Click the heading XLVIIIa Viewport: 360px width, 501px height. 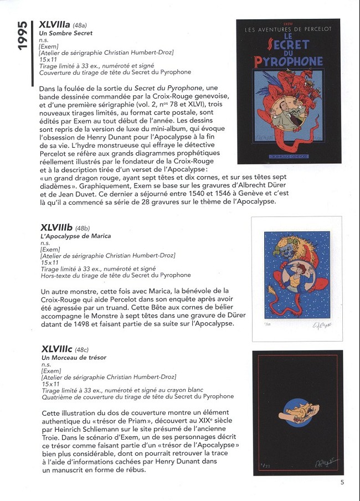[55, 25]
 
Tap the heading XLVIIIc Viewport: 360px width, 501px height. [55, 349]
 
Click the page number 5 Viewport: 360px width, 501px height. [342, 482]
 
